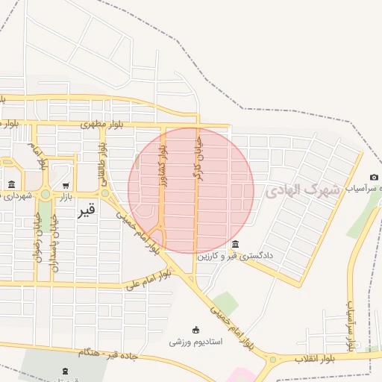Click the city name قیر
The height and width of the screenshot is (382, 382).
tap(86, 210)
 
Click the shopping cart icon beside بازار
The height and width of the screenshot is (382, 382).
tap(66, 185)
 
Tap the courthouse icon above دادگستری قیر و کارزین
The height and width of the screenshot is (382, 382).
tap(236, 245)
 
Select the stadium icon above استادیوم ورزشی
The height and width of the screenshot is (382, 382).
tap(196, 330)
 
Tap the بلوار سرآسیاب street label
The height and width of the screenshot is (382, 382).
tap(349, 324)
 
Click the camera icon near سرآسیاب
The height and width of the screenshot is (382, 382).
tap(374, 178)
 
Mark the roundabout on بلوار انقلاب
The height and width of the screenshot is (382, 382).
tap(272, 359)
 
